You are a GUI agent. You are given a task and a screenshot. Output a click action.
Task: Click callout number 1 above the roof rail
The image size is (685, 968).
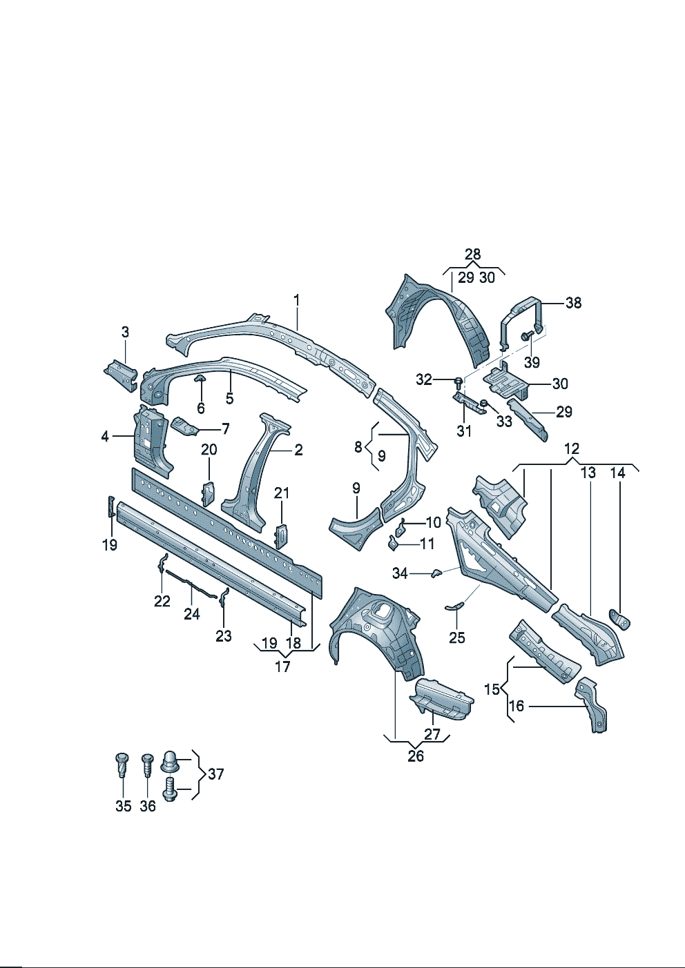297,300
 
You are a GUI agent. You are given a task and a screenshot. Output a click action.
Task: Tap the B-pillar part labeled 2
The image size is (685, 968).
255,469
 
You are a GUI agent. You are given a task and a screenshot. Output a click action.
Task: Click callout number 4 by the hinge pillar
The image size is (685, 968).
105,436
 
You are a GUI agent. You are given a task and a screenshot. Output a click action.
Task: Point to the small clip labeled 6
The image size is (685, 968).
200,379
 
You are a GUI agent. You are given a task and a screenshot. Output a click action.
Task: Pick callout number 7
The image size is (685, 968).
226,429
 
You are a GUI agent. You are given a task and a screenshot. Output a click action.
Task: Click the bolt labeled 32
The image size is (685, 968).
459,381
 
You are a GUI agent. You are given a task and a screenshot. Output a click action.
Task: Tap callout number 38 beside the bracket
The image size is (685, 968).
573,302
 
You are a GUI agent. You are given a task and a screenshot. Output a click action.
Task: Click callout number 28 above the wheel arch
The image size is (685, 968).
472,254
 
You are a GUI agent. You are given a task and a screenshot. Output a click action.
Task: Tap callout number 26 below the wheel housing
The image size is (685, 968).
416,756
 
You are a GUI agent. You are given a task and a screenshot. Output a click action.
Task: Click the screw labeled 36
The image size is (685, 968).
147,764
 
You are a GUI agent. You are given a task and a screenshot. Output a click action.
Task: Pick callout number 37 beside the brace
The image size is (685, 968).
216,774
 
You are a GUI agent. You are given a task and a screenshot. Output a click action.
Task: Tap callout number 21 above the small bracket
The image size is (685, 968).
282,493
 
